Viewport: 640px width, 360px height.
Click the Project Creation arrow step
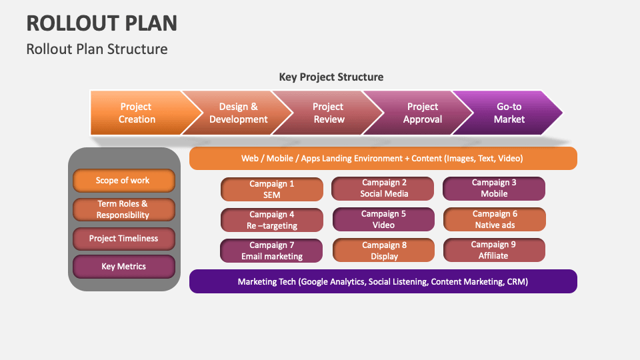(x=137, y=113)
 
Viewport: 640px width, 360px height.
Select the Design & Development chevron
(x=238, y=113)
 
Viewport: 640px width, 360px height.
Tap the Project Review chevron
(x=328, y=113)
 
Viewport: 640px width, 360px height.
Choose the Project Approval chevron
(x=423, y=113)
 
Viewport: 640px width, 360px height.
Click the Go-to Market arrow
(x=509, y=113)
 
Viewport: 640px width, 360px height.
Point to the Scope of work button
(x=123, y=181)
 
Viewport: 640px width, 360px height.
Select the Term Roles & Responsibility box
(x=123, y=209)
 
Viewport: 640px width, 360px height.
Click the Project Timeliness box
(x=123, y=239)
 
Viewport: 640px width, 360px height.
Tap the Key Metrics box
(x=123, y=267)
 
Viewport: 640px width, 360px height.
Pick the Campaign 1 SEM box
(x=272, y=189)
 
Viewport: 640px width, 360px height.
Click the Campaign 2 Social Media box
(x=383, y=188)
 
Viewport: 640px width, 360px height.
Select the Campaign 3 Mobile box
(x=494, y=188)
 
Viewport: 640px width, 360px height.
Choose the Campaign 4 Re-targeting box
(x=272, y=220)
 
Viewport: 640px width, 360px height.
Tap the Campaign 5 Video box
(x=383, y=219)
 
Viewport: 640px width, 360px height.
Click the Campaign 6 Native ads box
(x=494, y=219)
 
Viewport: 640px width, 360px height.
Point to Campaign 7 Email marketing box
(x=272, y=251)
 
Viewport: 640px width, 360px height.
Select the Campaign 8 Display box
(x=383, y=251)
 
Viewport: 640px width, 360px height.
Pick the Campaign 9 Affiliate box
(x=494, y=250)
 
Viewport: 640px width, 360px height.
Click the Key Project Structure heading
(x=331, y=77)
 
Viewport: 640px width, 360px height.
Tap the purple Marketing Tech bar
(x=383, y=281)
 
